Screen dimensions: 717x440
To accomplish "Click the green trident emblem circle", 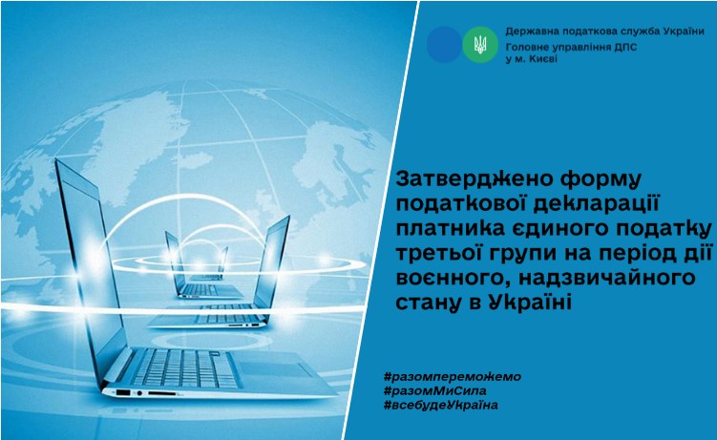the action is [x=480, y=44].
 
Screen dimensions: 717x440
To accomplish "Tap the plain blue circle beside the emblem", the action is [x=444, y=44].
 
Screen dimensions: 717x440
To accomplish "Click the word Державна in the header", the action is [x=528, y=31].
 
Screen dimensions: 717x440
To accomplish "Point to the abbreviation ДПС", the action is [x=625, y=47].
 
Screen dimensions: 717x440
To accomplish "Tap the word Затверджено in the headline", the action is [x=468, y=178].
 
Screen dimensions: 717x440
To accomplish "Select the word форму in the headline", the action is [x=593, y=179].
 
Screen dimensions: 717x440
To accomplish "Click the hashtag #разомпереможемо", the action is [x=453, y=377].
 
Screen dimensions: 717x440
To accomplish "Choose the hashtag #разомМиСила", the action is [x=434, y=391].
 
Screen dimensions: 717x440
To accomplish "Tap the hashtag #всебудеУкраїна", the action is [x=441, y=405].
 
